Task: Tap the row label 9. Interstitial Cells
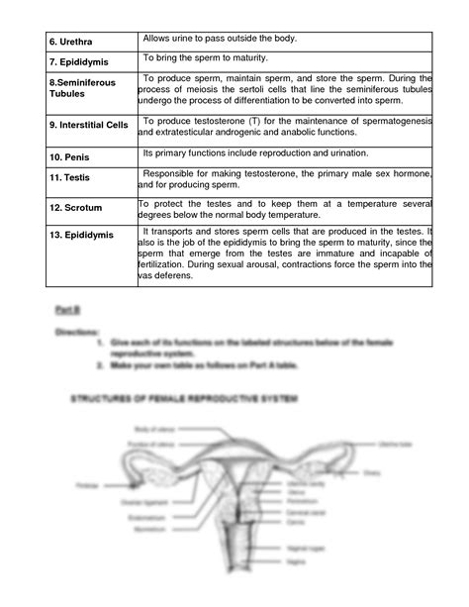pos(87,127)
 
